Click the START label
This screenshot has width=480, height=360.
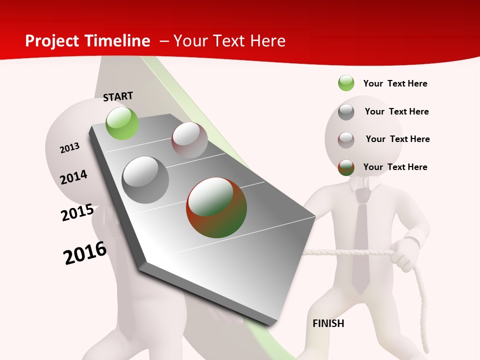tap(118, 96)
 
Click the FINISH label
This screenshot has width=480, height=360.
tap(328, 323)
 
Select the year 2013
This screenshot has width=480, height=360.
tap(69, 148)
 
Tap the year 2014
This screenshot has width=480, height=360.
tap(73, 177)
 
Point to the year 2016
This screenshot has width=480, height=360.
tap(85, 253)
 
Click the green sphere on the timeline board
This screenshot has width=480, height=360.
tap(122, 123)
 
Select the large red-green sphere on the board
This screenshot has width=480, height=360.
tap(216, 207)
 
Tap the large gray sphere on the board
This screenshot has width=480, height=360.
tap(145, 179)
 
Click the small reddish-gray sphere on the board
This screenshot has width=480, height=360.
tap(189, 140)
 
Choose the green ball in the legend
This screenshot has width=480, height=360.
tap(346, 83)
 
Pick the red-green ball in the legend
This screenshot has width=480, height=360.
tap(346, 167)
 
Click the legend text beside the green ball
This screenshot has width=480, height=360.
tap(395, 83)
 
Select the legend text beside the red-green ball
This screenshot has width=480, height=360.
tap(395, 167)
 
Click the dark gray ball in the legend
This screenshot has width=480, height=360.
tap(346, 112)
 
